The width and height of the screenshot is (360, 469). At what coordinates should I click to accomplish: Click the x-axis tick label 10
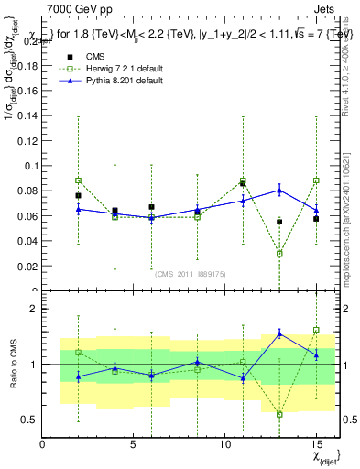[224, 444]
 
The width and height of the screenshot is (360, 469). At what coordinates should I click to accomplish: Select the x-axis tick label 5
[134, 444]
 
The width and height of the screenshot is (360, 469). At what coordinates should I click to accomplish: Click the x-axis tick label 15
[315, 444]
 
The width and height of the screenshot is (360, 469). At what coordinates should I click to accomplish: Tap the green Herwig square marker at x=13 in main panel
[279, 254]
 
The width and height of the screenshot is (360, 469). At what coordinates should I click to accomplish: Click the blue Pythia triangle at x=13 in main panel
[279, 191]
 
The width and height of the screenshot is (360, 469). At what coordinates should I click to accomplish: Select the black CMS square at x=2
[79, 196]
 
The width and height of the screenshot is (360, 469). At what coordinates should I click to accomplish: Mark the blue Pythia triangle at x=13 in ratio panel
[279, 333]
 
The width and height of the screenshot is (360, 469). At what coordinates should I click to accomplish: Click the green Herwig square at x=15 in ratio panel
[316, 330]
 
